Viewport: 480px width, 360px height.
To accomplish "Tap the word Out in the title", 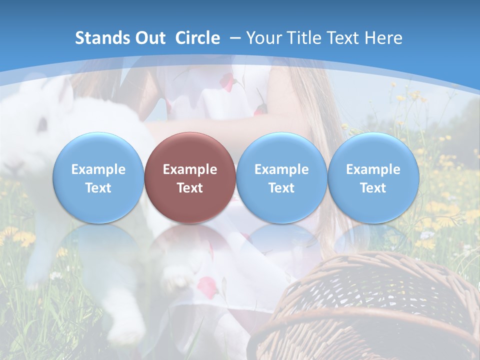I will pos(149,38).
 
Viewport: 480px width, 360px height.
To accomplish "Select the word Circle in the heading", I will pos(197,38).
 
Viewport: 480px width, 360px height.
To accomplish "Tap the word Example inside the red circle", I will pos(190,169).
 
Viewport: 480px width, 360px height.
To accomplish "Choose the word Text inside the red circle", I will pos(190,188).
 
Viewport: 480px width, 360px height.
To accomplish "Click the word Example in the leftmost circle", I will pos(98,169).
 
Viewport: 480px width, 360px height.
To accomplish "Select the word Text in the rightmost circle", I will pos(373,188).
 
